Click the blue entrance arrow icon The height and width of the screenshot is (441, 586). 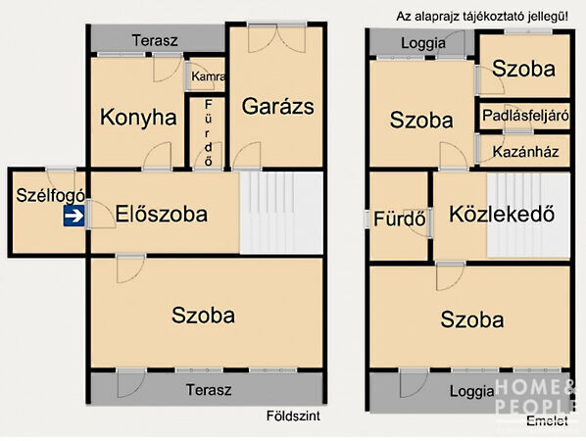click(x=73, y=217)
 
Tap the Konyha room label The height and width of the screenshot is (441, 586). click(x=138, y=118)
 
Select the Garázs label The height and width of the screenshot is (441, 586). click(x=278, y=106)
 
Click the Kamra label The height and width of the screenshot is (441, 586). click(x=209, y=76)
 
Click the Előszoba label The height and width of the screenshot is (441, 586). click(x=161, y=215)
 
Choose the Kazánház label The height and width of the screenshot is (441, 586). click(x=525, y=152)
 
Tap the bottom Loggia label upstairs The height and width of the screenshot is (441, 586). click(x=472, y=391)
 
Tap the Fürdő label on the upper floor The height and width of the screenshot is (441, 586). click(x=399, y=219)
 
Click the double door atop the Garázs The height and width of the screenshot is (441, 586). click(x=274, y=39)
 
